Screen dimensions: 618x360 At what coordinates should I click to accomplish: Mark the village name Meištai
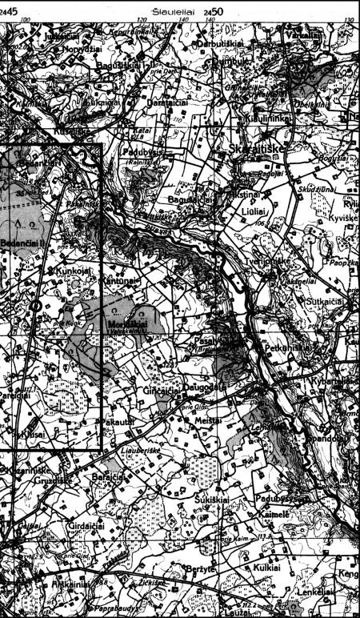point(207,420)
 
